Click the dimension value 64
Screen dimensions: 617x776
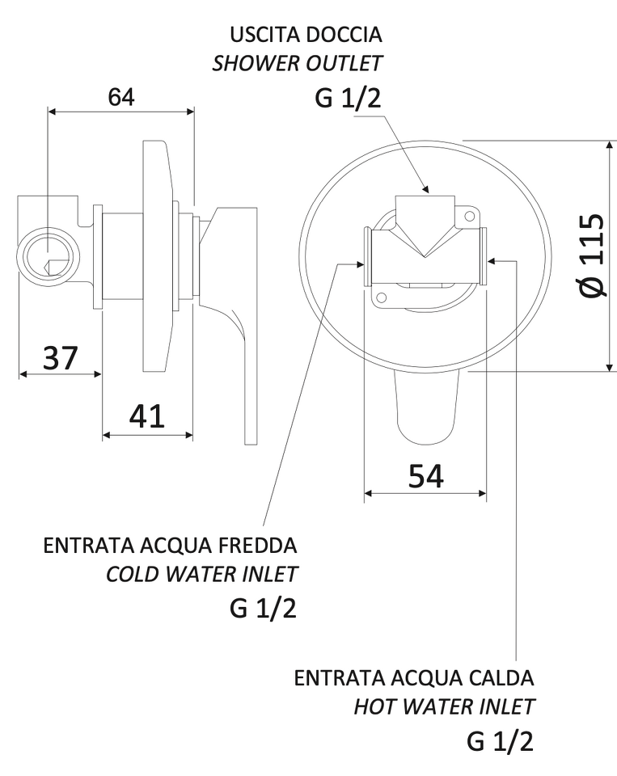click(x=121, y=97)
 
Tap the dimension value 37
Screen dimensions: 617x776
click(x=61, y=358)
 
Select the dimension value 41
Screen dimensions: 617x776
click(x=146, y=416)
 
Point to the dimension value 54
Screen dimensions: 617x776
click(x=426, y=476)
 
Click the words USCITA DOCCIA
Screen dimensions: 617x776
click(x=306, y=35)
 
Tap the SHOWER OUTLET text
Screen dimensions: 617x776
click(x=297, y=63)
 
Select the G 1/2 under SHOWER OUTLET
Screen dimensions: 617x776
click(x=348, y=98)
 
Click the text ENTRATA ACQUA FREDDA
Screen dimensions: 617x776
click(x=171, y=546)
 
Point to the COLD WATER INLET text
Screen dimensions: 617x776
click(x=201, y=574)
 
